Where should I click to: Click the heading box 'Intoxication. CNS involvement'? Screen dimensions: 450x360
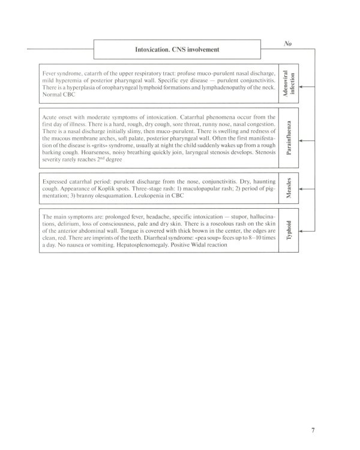(x=177, y=49)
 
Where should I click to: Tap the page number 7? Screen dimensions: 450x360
(x=313, y=413)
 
